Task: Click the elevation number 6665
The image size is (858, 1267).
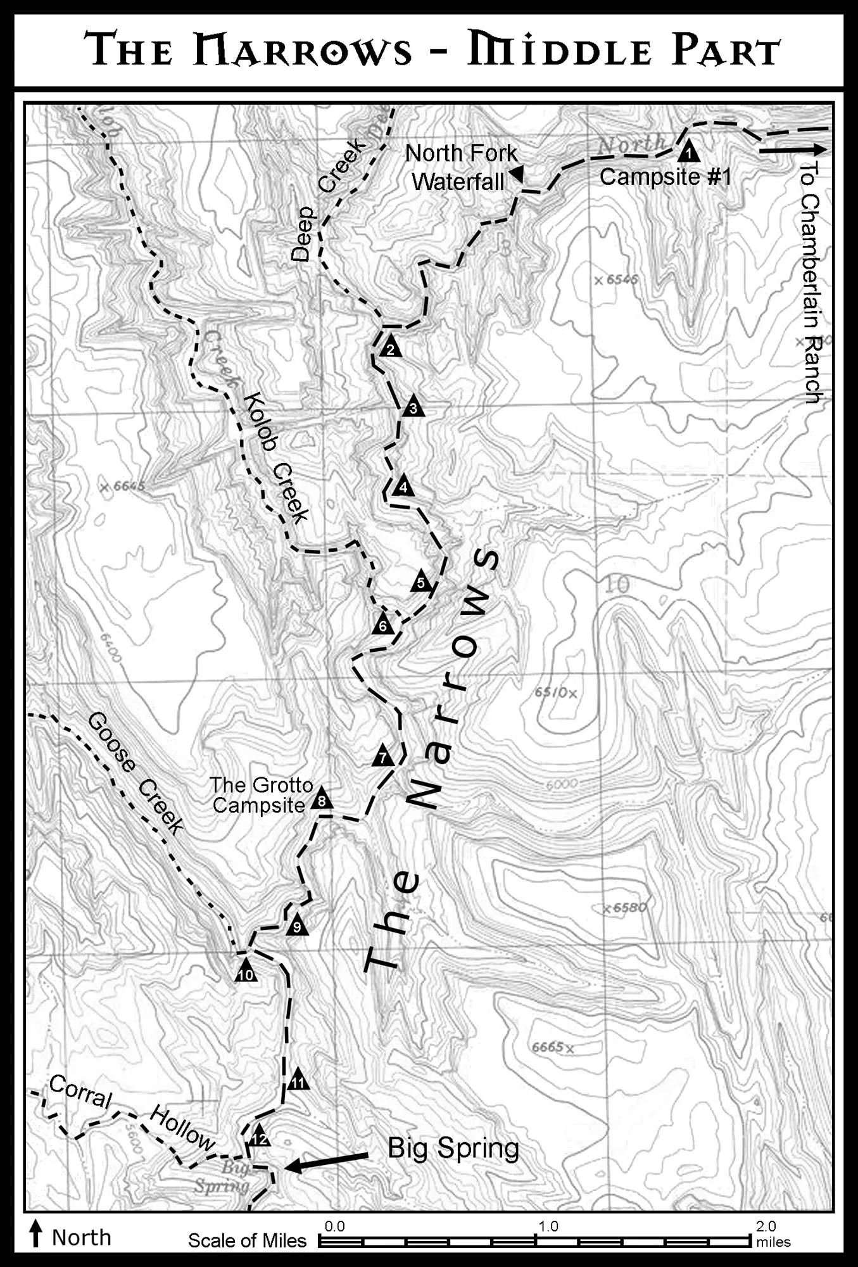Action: [548, 1047]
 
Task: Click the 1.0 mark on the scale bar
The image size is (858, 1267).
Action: [548, 1226]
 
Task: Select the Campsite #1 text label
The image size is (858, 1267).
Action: [665, 177]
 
